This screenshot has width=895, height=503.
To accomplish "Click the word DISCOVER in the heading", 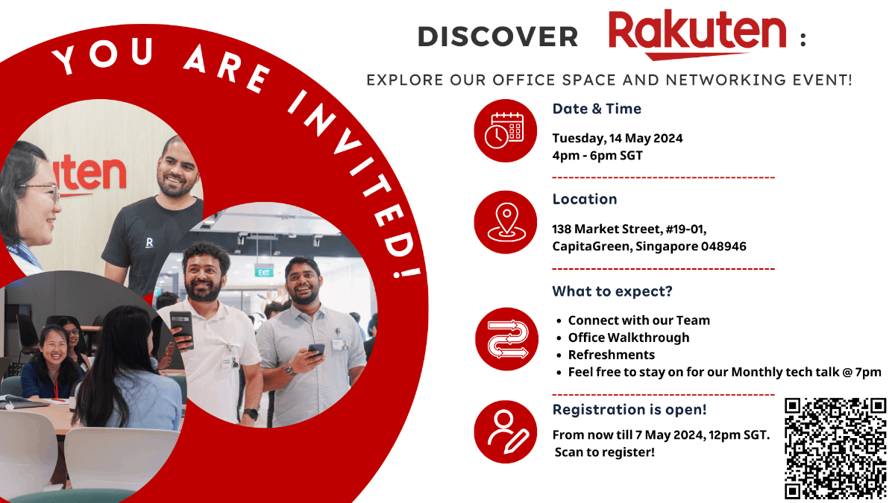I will tap(497, 37).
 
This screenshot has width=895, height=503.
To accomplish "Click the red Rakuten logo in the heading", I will tap(697, 34).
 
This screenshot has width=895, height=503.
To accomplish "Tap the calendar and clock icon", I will tap(505, 130).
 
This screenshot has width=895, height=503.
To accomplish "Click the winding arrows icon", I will tap(505, 338).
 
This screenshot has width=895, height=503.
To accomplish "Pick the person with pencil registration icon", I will tap(505, 431).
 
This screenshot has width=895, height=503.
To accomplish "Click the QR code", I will tap(835, 448).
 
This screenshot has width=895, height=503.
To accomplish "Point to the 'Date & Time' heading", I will tap(597, 109).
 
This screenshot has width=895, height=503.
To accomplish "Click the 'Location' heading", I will tap(585, 199).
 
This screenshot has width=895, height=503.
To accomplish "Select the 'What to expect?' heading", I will tap(612, 291).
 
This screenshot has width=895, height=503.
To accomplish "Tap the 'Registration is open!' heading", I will tap(629, 410).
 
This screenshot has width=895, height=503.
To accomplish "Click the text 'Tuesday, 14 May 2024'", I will tap(618, 138).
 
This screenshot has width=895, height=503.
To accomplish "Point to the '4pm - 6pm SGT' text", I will tap(597, 156).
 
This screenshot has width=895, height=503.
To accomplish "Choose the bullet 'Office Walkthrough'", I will tap(629, 338).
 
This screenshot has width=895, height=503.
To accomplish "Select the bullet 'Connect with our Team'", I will tap(639, 320).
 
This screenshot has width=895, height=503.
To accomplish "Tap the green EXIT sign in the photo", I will tap(263, 272).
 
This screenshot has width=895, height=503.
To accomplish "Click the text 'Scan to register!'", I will tap(605, 452).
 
